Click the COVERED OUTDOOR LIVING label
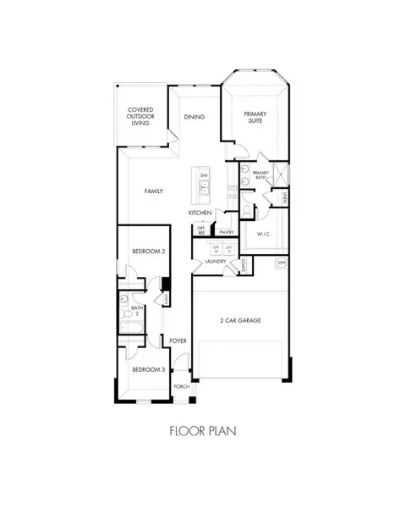tap(140, 116)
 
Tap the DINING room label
tap(195, 117)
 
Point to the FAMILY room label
tap(153, 191)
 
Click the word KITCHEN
tap(200, 213)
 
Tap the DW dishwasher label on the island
tap(204, 174)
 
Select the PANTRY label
tap(226, 231)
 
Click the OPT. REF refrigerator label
tap(201, 229)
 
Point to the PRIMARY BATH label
tap(261, 175)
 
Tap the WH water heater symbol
tap(282, 263)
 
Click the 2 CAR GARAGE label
tap(239, 320)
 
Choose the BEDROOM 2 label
tap(148, 252)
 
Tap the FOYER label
tap(178, 341)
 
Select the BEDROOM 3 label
tap(147, 370)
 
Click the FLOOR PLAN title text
tap(203, 430)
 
